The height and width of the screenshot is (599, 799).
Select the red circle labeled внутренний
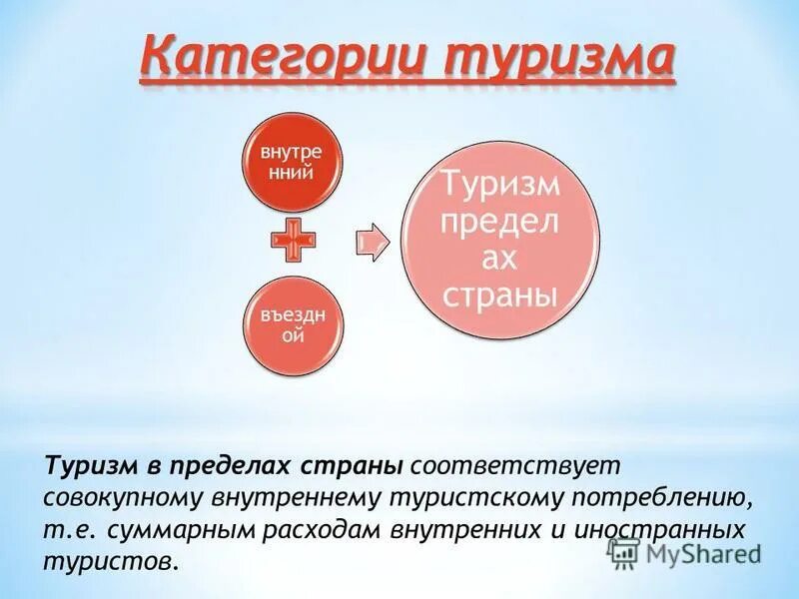294,162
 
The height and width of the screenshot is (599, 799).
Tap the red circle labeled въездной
294,326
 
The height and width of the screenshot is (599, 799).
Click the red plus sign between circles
294,241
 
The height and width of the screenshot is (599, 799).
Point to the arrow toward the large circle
373,242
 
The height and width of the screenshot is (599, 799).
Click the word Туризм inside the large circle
501,185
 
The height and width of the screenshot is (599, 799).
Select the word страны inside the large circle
499,296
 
